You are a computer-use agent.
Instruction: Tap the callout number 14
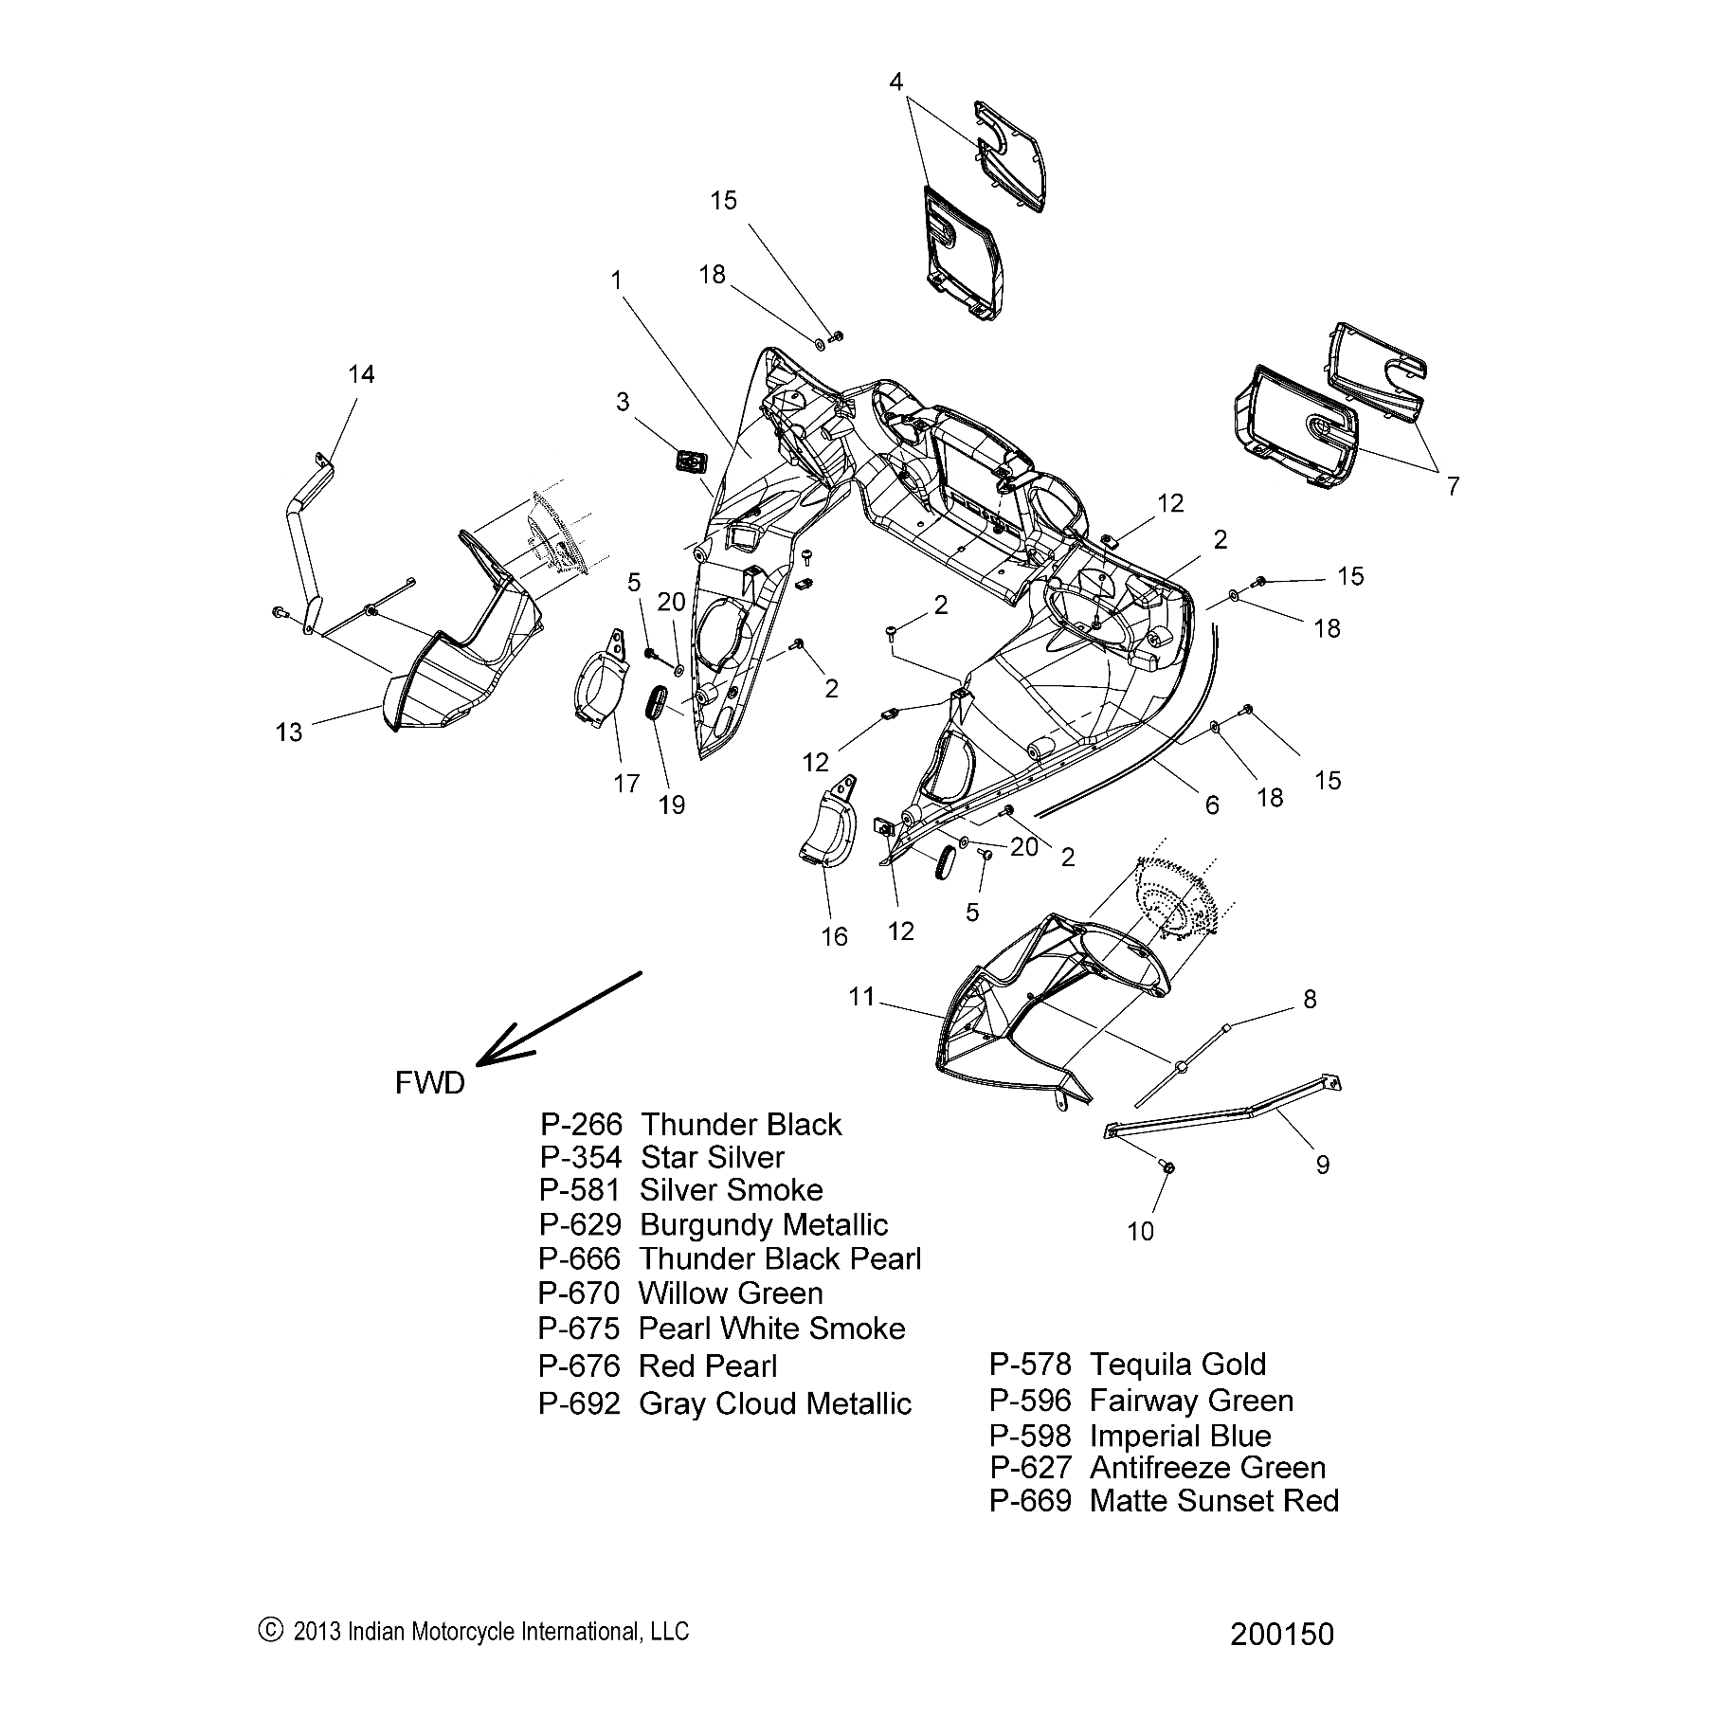361,374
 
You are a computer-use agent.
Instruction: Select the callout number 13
289,732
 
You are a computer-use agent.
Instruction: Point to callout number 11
861,997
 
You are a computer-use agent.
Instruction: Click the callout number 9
1323,1165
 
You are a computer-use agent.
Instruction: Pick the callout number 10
1141,1231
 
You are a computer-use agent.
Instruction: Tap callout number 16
834,937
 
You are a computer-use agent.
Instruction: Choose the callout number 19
671,805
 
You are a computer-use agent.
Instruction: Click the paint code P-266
581,1125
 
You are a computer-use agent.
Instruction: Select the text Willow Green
731,1293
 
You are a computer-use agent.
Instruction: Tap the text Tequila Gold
1178,1365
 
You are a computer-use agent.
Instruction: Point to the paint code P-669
1030,1501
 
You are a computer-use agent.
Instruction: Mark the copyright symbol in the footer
270,1629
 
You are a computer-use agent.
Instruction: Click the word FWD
429,1083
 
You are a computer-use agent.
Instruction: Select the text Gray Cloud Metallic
775,1403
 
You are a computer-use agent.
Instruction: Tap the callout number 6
1212,805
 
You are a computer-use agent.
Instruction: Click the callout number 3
623,402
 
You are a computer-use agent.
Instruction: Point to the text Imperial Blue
1181,1436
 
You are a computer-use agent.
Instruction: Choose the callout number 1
617,280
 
